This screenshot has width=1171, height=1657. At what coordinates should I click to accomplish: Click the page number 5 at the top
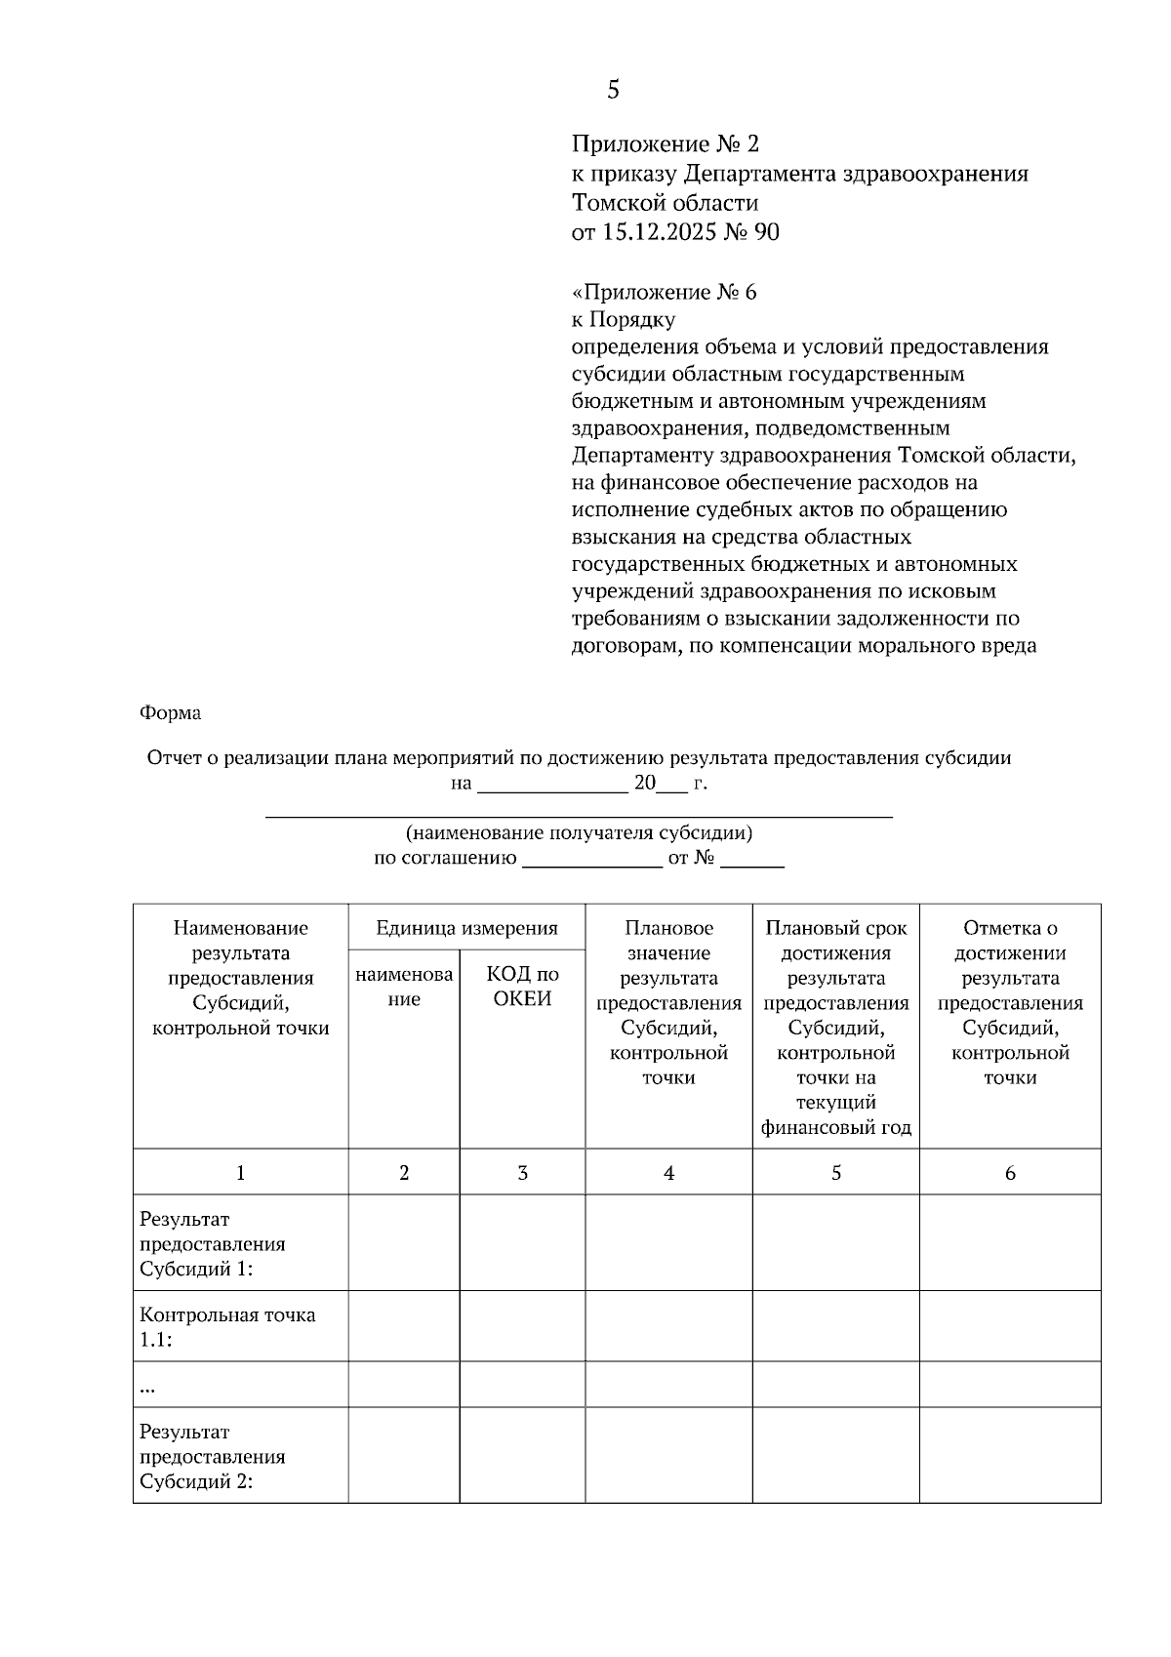tap(613, 90)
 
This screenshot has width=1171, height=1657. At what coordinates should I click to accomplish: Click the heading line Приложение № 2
tap(665, 144)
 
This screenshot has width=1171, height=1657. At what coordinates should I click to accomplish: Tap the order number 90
tap(767, 232)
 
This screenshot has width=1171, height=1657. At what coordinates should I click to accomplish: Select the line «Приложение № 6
tap(664, 292)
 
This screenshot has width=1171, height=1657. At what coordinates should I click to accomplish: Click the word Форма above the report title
tap(170, 713)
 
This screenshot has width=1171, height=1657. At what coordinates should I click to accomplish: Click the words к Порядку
tap(623, 319)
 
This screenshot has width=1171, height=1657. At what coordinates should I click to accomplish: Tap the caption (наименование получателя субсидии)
tap(579, 833)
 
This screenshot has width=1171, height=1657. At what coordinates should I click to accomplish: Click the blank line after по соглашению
tap(592, 860)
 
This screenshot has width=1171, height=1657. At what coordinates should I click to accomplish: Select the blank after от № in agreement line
tap(752, 860)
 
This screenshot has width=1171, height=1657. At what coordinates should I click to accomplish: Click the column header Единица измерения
tap(466, 928)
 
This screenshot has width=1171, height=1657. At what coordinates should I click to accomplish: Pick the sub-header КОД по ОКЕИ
tap(522, 986)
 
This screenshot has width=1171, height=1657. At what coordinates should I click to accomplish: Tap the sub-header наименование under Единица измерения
tap(404, 986)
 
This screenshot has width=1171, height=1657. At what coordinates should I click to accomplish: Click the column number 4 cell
tap(668, 1173)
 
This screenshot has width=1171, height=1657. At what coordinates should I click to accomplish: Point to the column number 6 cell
tap(1010, 1173)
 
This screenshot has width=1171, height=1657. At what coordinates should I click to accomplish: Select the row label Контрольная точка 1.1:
tap(226, 1326)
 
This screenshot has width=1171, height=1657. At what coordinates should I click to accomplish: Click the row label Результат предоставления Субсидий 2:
tap(213, 1456)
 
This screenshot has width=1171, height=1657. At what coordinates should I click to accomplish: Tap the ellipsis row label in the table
tap(148, 1386)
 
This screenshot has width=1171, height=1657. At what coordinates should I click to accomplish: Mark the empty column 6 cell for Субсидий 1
tap(1010, 1243)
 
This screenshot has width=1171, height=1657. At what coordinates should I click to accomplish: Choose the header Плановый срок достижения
tap(835, 940)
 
